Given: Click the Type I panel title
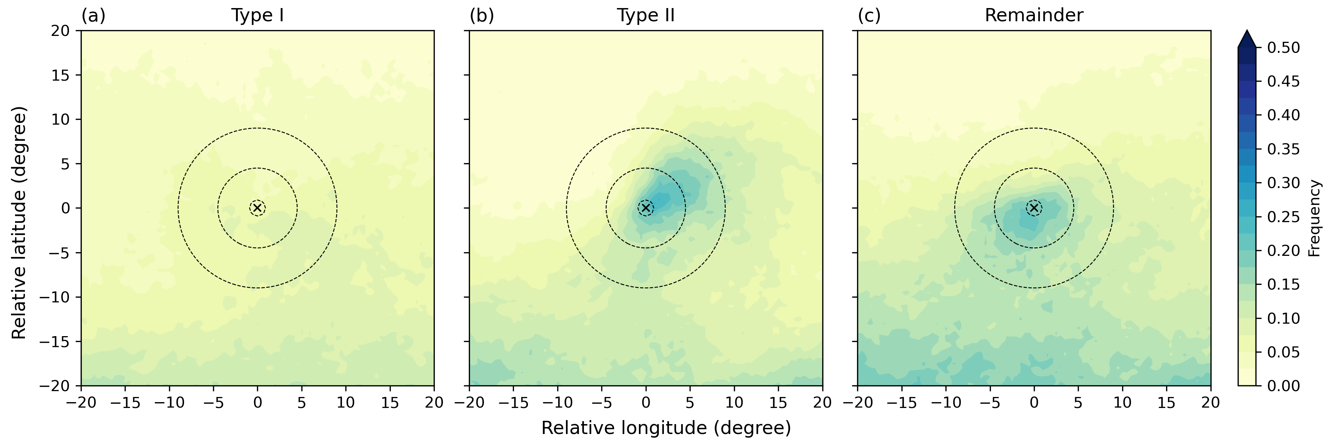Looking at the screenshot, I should pos(257,15).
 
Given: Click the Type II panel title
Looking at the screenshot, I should pos(646,15).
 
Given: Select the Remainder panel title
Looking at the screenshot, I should pos(1034,15).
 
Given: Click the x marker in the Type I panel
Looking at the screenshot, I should pos(257,208).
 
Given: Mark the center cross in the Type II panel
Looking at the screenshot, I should pos(646,208).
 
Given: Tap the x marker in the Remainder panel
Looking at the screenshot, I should pos(1034,208).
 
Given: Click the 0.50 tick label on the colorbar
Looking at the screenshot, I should pos(1283,48).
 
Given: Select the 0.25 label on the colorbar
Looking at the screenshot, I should pos(1283,217).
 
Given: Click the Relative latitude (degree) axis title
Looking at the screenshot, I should pos(19,223).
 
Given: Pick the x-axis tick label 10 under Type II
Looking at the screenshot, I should pos(734,402).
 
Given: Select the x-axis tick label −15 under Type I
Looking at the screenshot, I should pos(125,402).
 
